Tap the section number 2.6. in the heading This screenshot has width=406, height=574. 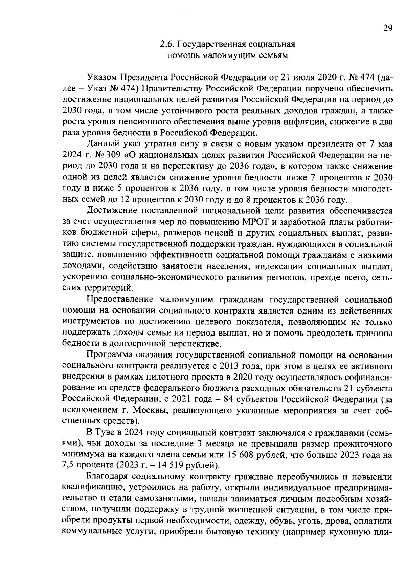[167, 44]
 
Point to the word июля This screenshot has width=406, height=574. [302, 77]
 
